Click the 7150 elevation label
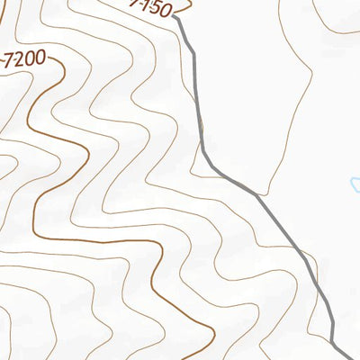(150, 9)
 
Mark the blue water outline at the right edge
(355, 185)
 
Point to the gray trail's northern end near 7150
(175, 16)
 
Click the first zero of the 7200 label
(30, 60)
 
